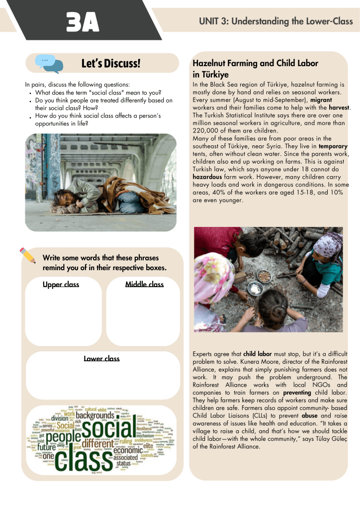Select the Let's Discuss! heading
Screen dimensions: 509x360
[x=111, y=64]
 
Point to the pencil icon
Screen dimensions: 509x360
[x=28, y=255]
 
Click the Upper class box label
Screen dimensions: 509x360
[x=61, y=284]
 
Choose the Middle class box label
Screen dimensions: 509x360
[x=144, y=284]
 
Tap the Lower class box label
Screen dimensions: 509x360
[x=101, y=358]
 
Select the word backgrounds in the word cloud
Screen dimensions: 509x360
[x=95, y=415]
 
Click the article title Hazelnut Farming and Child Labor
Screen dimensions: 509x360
[x=255, y=63]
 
